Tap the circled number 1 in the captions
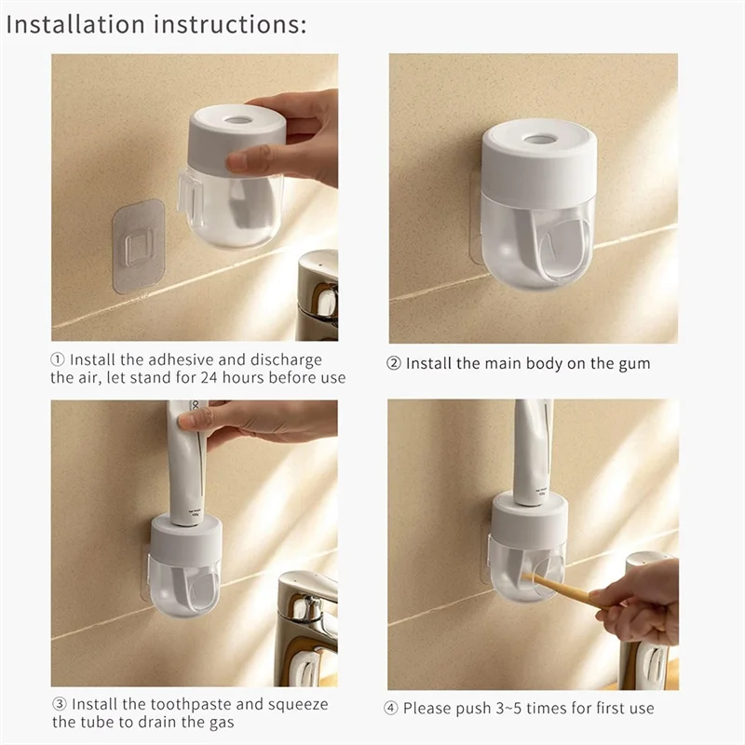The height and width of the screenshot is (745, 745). pos(58,360)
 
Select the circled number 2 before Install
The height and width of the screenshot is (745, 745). pos(394,363)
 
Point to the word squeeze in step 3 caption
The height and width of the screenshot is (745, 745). pos(301,704)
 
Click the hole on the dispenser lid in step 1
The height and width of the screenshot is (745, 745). pos(237,120)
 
